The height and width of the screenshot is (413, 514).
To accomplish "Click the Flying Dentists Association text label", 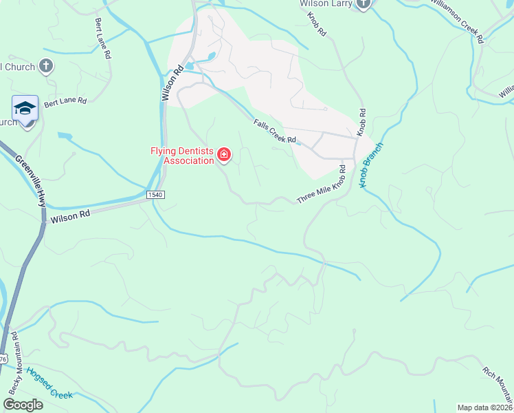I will click(x=182, y=156).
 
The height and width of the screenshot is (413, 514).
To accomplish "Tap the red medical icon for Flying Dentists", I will click(x=223, y=154).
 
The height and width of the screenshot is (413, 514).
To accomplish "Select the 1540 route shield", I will click(x=155, y=195).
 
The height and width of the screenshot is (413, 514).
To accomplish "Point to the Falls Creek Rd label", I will click(x=274, y=131).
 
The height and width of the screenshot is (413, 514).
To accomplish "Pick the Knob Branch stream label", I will click(x=370, y=166).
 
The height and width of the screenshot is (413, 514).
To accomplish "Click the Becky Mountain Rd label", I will click(x=14, y=363).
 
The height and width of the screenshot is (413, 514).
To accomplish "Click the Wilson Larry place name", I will click(x=326, y=4).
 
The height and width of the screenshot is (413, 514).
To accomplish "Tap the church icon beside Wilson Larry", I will click(x=363, y=4).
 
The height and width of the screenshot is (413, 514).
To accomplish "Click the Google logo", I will click(x=23, y=404).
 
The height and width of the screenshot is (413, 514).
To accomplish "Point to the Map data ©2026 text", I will click(x=485, y=407).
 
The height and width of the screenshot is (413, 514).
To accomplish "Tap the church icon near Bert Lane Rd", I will click(x=46, y=66).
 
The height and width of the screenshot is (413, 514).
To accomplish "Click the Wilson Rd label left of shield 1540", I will click(x=70, y=215).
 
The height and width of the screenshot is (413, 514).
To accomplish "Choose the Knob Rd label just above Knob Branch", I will click(x=361, y=123).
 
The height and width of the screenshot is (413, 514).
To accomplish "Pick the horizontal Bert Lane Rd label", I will click(x=65, y=102).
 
